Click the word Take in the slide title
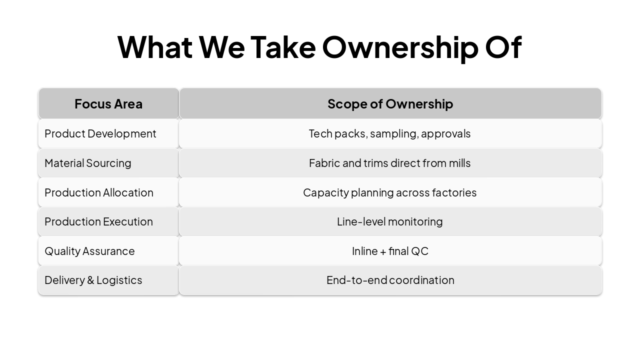point(283,47)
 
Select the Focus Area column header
point(108,103)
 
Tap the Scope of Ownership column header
point(390,103)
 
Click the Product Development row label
point(100,133)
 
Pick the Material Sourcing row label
point(88,163)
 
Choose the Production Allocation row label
point(99,192)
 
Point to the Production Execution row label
point(98,221)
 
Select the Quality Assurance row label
point(89,251)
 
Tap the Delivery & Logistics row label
point(93,280)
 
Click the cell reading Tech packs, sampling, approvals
point(389,133)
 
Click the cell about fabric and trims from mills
point(389,163)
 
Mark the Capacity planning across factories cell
point(389,192)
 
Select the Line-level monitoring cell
point(389,221)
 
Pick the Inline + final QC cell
point(390,251)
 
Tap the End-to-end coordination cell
point(390,280)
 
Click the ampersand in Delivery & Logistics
point(90,280)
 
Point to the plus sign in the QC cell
point(383,251)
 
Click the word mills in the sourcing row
point(459,163)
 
